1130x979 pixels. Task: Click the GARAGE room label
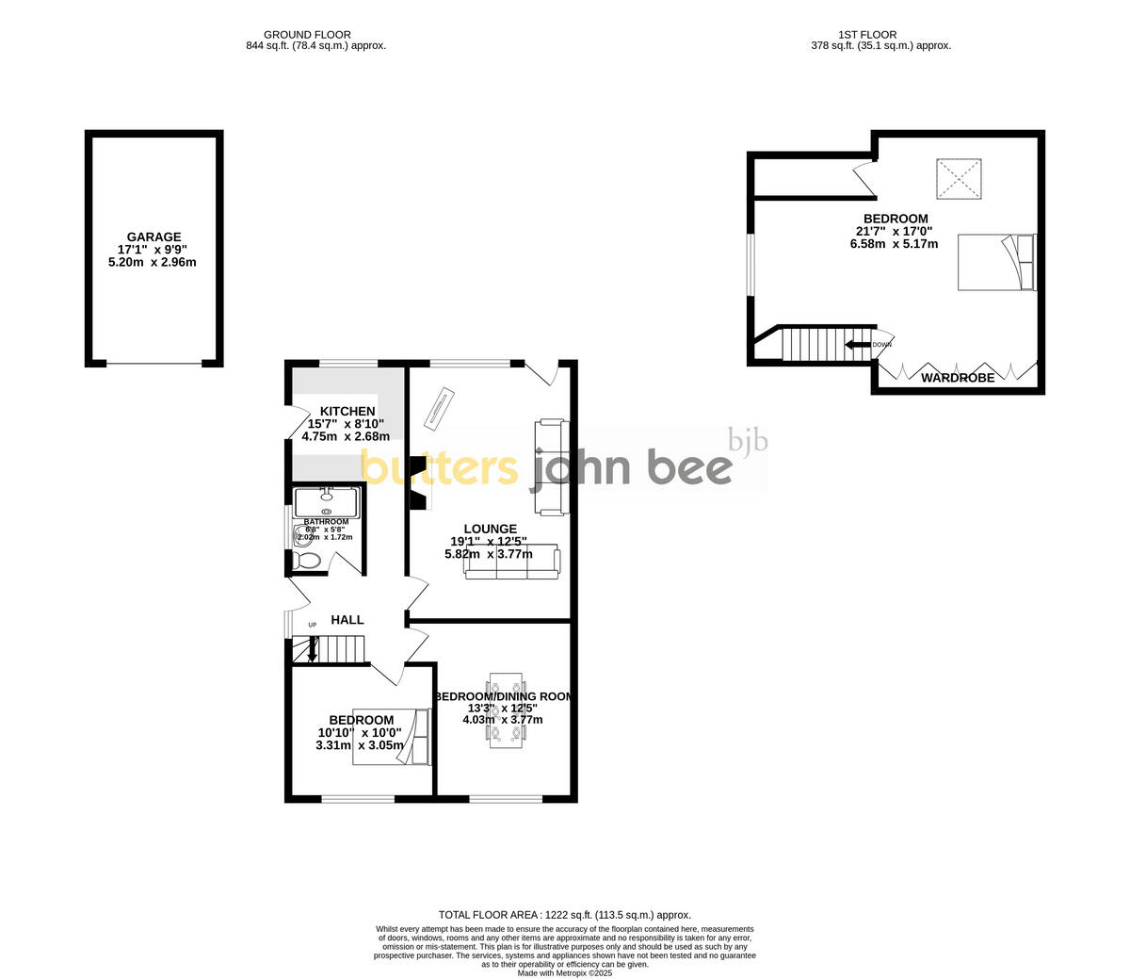[x=154, y=237]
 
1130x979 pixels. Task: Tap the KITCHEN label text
[x=347, y=412]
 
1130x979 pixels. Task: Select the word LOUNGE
[x=490, y=530]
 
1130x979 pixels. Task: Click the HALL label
[x=347, y=620]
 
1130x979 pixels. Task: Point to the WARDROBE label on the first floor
[x=958, y=378]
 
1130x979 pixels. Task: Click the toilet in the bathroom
[x=307, y=562]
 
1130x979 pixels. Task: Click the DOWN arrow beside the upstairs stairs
[x=858, y=345]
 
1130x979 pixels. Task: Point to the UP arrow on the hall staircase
[x=313, y=650]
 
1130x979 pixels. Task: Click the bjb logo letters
[x=749, y=441]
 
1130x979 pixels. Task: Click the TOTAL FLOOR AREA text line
[x=565, y=915]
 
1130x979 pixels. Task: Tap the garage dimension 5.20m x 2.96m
[x=154, y=262]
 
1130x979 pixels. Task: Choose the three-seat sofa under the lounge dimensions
[x=512, y=563]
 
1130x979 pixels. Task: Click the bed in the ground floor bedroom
[x=391, y=736]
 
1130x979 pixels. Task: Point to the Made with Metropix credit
[x=565, y=972]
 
